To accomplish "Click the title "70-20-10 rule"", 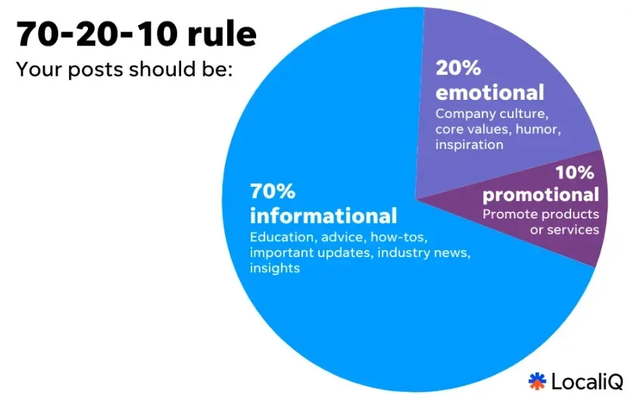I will coord(136,34).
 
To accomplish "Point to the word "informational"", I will coord(323,216).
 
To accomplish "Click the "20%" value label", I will coord(458,68).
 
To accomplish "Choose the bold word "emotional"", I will coord(489,92).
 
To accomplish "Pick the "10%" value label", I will coord(576,172).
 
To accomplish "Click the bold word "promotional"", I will coord(541,194).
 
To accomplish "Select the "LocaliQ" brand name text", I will coord(587,381).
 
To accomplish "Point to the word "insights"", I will coord(275,268).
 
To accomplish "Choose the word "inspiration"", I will coord(469,144).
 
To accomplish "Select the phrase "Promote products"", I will coord(541,214).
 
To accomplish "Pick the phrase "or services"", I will coord(564,229).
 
